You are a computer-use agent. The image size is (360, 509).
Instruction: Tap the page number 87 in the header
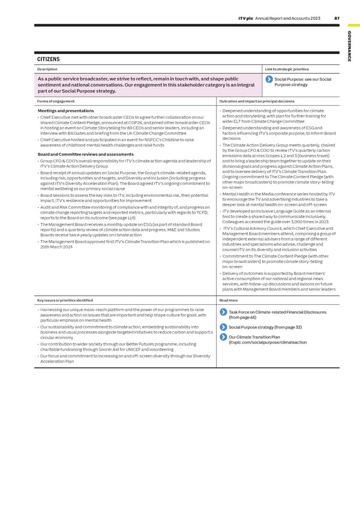point(337,18)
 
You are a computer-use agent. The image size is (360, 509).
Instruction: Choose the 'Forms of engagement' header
point(56,101)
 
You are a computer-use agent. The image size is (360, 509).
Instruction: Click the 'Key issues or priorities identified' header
point(65,300)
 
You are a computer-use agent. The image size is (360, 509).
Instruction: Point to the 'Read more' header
point(229,300)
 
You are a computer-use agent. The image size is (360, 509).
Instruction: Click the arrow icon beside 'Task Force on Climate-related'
point(224,312)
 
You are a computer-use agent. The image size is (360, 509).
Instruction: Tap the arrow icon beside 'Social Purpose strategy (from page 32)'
point(224,327)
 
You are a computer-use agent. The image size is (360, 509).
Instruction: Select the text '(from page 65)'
point(243,318)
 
